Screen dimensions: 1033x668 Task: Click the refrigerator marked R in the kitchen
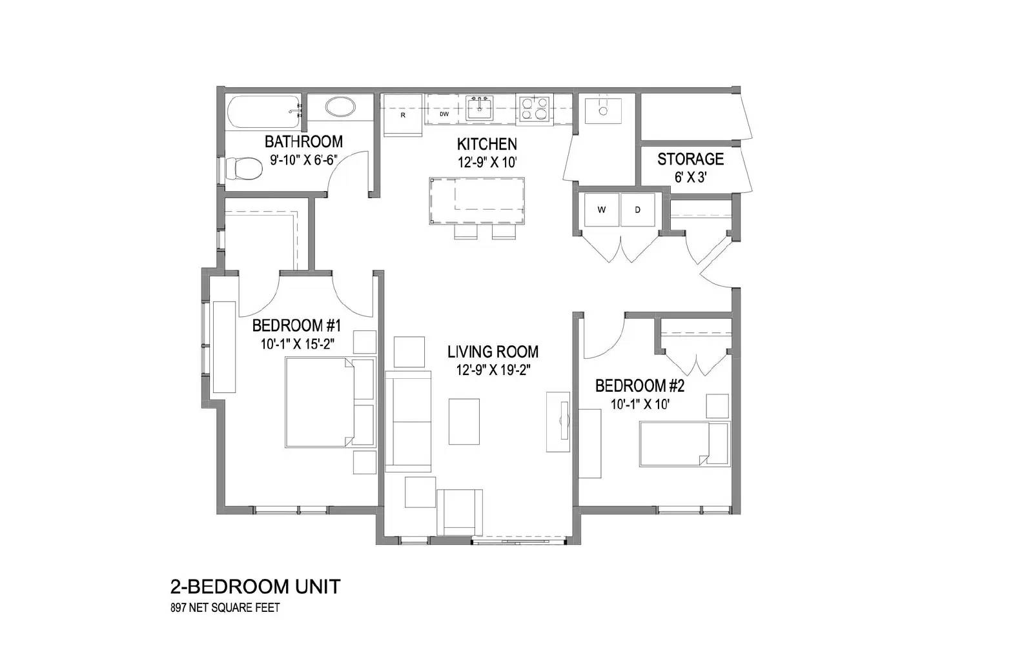pos(403,116)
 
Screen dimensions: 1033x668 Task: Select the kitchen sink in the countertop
pos(479,108)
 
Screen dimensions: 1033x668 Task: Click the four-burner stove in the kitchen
pos(535,109)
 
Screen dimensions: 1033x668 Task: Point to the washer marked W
pos(601,210)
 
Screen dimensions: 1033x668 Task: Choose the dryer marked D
pos(638,210)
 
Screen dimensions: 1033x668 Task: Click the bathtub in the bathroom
pos(264,112)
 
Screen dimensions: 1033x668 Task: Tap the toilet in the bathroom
pos(243,168)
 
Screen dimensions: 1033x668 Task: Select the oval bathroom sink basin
pos(340,107)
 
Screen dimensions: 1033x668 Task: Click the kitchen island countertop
pos(477,201)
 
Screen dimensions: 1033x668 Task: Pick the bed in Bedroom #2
pos(684,444)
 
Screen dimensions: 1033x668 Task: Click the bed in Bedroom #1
pos(330,402)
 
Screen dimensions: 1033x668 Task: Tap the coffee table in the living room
pos(464,422)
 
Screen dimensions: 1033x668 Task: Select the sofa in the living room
pos(408,421)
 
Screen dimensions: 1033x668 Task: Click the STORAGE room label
pos(690,159)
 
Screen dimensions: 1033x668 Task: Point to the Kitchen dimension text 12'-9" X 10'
pos(487,163)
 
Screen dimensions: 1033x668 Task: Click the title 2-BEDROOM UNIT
pos(256,587)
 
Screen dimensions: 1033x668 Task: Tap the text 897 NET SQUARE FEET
pos(225,607)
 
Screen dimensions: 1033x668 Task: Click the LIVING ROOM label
pos(493,352)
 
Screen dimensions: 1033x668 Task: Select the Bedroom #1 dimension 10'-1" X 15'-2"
pos(298,345)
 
